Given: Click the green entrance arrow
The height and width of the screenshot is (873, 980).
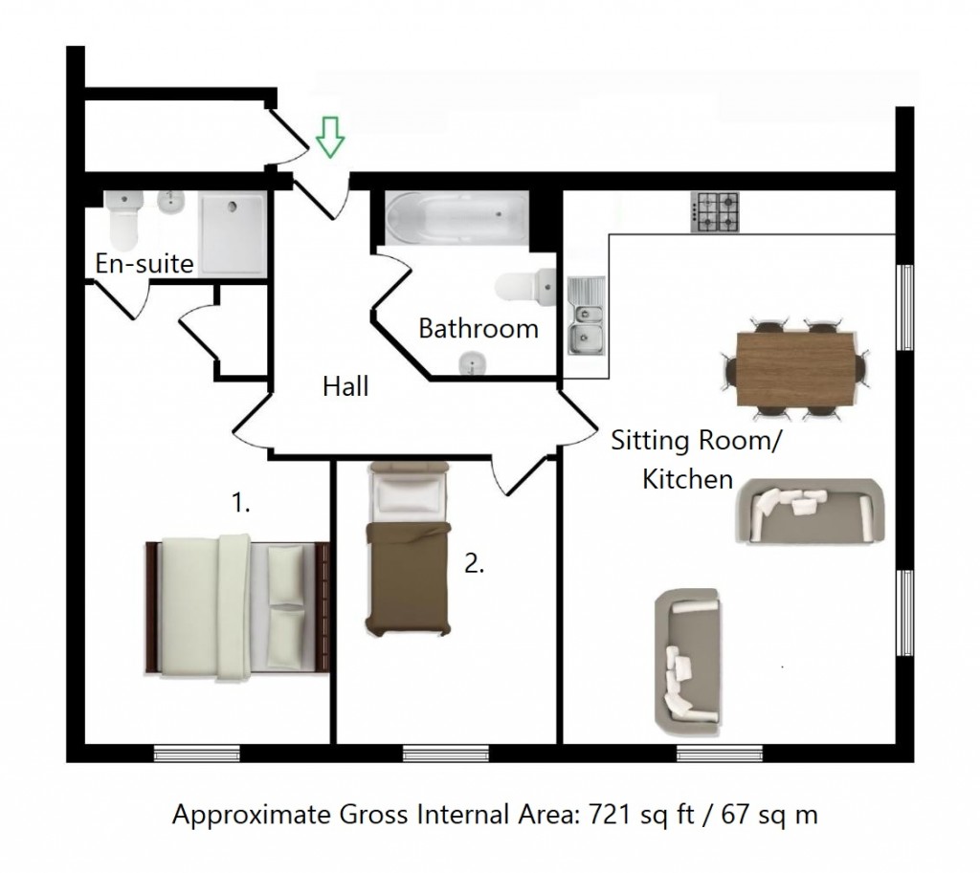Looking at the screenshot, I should pos(330,136).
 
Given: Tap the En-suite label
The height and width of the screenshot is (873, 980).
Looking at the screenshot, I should pos(145,263).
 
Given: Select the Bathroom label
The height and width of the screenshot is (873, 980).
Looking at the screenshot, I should pos(479,329).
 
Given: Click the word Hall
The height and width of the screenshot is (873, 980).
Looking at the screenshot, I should pos(345,386).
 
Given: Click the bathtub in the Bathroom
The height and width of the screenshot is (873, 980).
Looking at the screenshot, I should pos(456,217).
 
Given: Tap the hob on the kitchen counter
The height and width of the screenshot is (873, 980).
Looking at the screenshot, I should pos(715,212).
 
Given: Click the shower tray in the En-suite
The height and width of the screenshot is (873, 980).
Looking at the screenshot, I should pos(231,232).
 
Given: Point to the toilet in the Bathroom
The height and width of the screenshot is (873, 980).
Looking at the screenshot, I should pos(527,284).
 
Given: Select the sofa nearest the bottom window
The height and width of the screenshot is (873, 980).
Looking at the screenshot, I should pos(687,657).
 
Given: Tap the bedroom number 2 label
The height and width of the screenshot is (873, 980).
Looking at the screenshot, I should pos(474,564).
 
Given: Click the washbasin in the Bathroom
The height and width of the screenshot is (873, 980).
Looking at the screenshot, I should pos(470,363).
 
